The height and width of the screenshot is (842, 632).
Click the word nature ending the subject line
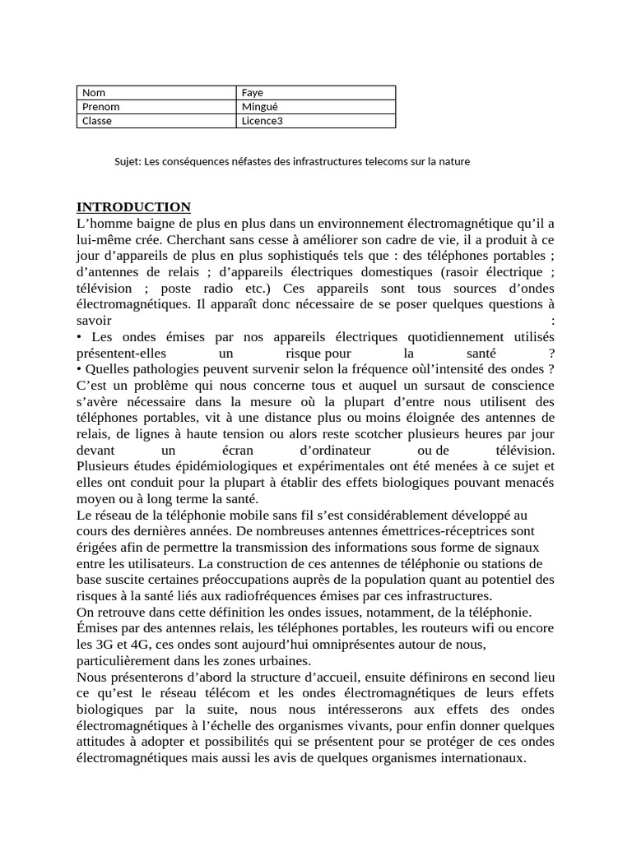[x=453, y=162]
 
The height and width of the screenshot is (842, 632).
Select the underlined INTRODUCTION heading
[x=133, y=207]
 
